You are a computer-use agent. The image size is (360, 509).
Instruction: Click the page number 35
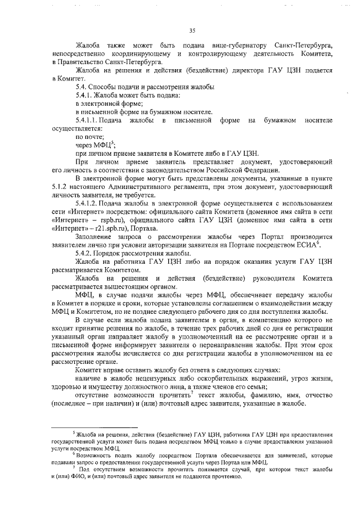[192, 30]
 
